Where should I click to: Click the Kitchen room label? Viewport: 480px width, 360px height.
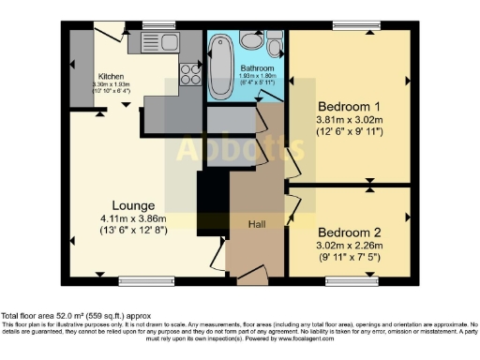tap(112, 77)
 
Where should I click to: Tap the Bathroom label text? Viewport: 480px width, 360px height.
tap(256, 69)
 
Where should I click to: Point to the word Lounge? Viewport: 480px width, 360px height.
tap(133, 205)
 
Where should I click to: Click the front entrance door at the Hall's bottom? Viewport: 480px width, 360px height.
tap(250, 278)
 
